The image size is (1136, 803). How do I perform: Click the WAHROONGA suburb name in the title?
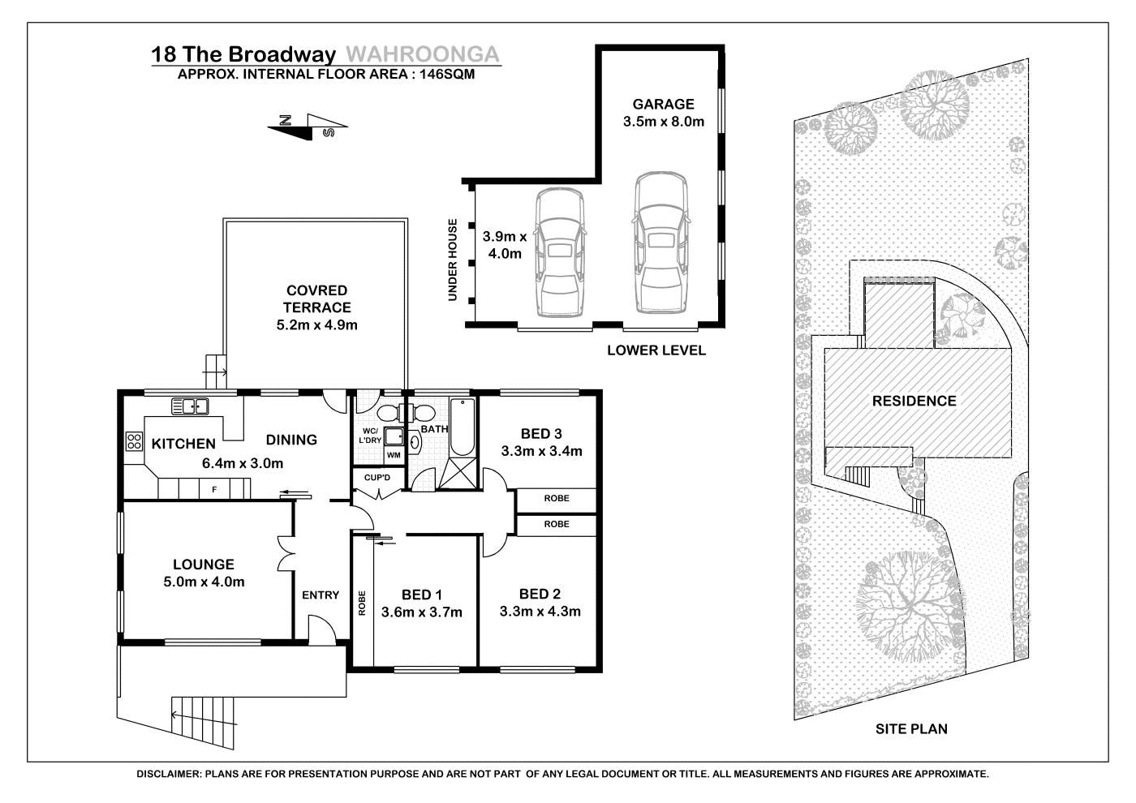click(423, 54)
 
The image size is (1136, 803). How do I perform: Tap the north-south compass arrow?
click(308, 127)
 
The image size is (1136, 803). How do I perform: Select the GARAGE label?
click(664, 104)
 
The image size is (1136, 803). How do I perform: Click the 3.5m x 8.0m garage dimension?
click(664, 122)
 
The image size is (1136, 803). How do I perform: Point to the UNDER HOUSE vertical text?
click(453, 260)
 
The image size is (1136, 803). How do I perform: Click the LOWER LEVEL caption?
click(656, 350)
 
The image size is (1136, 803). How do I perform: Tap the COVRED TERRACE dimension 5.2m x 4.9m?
click(317, 325)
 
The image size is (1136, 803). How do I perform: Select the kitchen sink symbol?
click(190, 406)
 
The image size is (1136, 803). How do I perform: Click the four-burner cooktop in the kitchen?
click(135, 441)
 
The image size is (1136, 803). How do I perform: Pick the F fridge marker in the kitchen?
click(214, 490)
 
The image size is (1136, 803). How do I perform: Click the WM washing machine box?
click(394, 455)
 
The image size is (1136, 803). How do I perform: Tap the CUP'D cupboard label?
click(377, 478)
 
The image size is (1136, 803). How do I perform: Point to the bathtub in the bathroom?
click(462, 427)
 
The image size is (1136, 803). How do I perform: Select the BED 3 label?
click(541, 434)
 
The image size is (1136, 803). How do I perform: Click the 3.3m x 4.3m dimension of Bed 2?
click(540, 612)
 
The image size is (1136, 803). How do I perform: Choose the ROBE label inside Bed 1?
click(362, 603)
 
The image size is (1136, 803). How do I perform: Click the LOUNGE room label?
click(204, 565)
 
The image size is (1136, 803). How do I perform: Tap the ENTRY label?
click(321, 595)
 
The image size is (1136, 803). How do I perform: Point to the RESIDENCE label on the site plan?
click(914, 401)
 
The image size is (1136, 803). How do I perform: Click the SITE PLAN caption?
click(911, 729)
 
